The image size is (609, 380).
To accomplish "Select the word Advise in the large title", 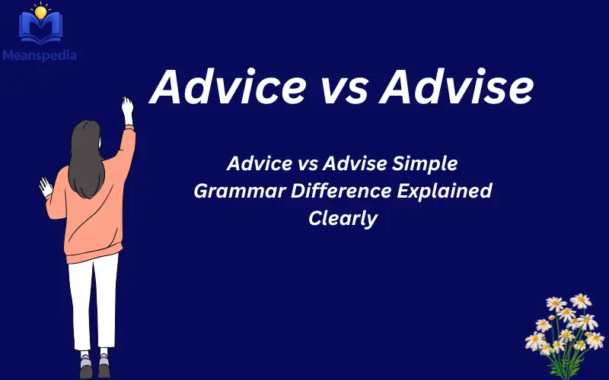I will click(455, 87).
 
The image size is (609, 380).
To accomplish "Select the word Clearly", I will click(343, 218).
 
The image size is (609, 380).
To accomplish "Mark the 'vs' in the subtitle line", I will click(307, 163).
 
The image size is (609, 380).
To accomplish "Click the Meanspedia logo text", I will click(43, 55).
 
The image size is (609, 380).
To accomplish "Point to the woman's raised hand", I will click(127, 109).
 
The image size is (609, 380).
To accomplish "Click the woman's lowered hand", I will click(46, 187).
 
